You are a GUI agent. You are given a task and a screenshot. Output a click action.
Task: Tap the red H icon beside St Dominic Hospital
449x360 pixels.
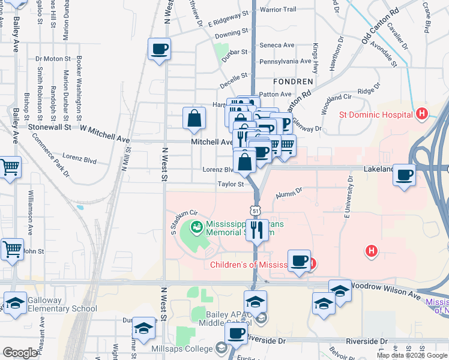(x=422, y=113)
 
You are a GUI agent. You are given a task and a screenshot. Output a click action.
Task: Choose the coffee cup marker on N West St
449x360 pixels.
(x=160, y=49)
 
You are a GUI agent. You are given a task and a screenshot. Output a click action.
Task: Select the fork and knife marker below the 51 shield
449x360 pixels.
(x=258, y=229)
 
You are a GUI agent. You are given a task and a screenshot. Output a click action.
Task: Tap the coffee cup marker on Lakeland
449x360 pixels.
(x=405, y=175)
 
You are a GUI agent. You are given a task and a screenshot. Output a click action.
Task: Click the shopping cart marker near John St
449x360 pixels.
(x=11, y=248)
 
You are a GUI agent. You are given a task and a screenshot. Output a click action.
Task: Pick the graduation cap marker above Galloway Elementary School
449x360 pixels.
(x=15, y=302)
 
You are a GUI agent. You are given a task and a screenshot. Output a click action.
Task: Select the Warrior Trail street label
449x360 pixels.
(x=278, y=10)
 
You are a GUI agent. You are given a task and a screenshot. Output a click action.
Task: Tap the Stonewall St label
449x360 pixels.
(x=50, y=127)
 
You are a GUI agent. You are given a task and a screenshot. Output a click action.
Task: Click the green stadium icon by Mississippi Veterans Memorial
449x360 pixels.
(x=196, y=227)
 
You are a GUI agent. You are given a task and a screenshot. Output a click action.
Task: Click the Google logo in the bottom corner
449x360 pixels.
(x=20, y=352)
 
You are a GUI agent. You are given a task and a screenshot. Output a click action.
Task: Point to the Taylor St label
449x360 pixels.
(x=230, y=184)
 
